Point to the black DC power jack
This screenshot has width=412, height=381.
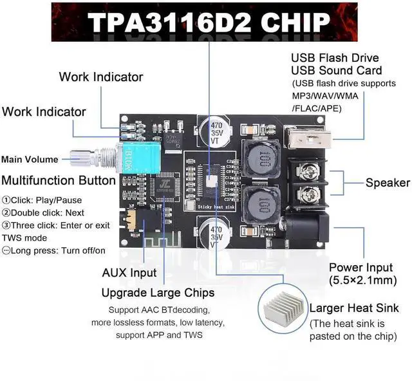[308, 227]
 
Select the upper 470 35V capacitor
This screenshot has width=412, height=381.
[212, 131]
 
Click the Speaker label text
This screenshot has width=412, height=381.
[388, 183]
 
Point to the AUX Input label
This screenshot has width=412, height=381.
[129, 273]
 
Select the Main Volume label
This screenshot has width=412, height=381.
[30, 160]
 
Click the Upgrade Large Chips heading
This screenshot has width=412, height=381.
[158, 293]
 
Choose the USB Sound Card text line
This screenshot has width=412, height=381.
[336, 70]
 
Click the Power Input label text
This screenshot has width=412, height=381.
[360, 267]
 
